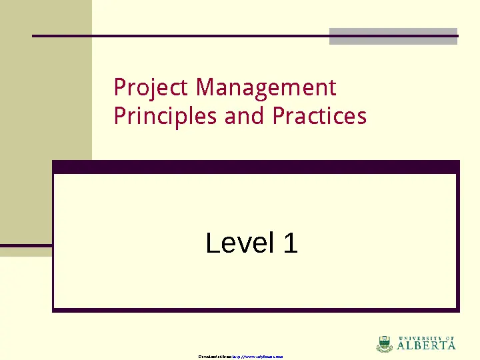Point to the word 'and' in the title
[246, 117]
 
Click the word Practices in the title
[319, 117]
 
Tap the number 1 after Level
[290, 243]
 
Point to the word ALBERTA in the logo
[427, 346]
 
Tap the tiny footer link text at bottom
[241, 357]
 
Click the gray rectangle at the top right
[393, 37]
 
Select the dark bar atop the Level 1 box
[256, 167]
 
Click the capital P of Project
[119, 88]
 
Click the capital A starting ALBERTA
[401, 346]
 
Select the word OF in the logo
[450, 338]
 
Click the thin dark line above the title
[180, 35]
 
